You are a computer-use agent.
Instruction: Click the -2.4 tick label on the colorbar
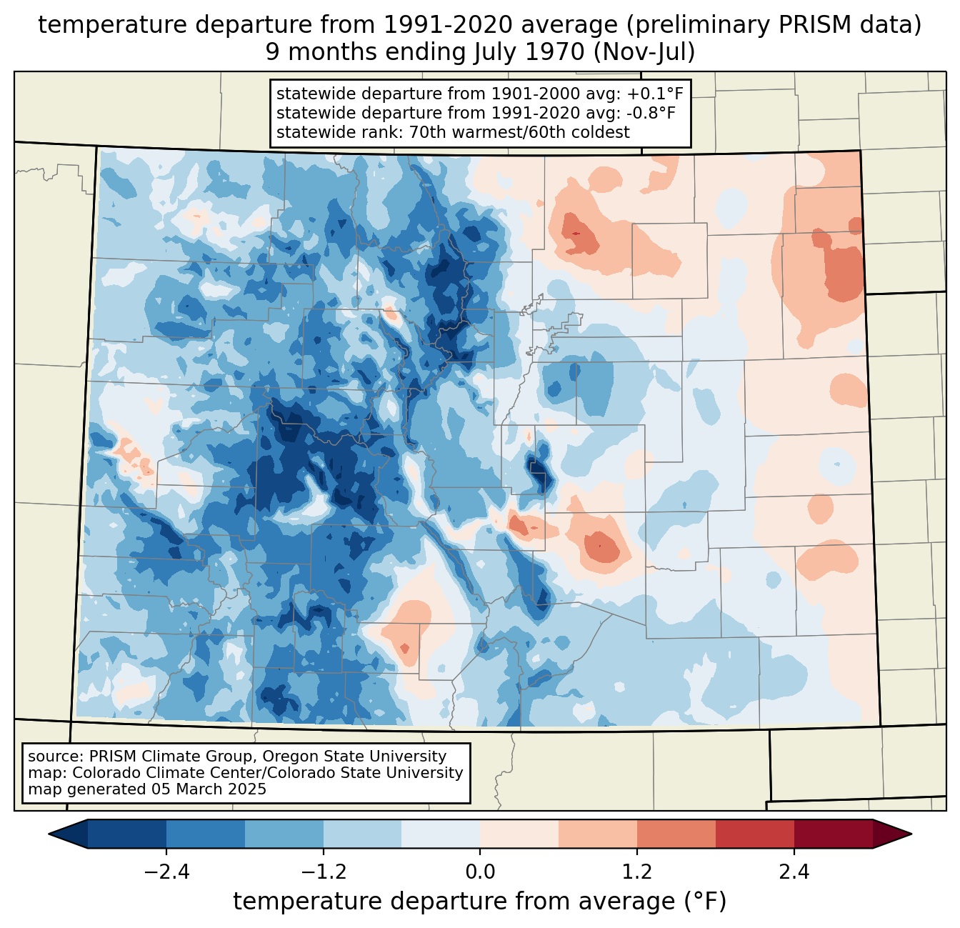[166, 872]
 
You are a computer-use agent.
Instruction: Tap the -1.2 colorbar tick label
[324, 872]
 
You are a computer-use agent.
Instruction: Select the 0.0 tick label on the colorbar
[480, 872]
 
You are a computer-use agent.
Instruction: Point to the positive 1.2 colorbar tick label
[637, 872]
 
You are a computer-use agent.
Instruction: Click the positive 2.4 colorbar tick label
[794, 872]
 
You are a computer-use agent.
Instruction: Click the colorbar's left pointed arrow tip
[49, 834]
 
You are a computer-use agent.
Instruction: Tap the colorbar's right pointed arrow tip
[911, 834]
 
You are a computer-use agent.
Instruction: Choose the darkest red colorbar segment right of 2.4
[834, 834]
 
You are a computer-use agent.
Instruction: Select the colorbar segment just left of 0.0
[441, 834]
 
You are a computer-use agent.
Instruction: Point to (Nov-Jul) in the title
[644, 52]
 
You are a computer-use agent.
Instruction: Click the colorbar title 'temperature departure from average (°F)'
[480, 901]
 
